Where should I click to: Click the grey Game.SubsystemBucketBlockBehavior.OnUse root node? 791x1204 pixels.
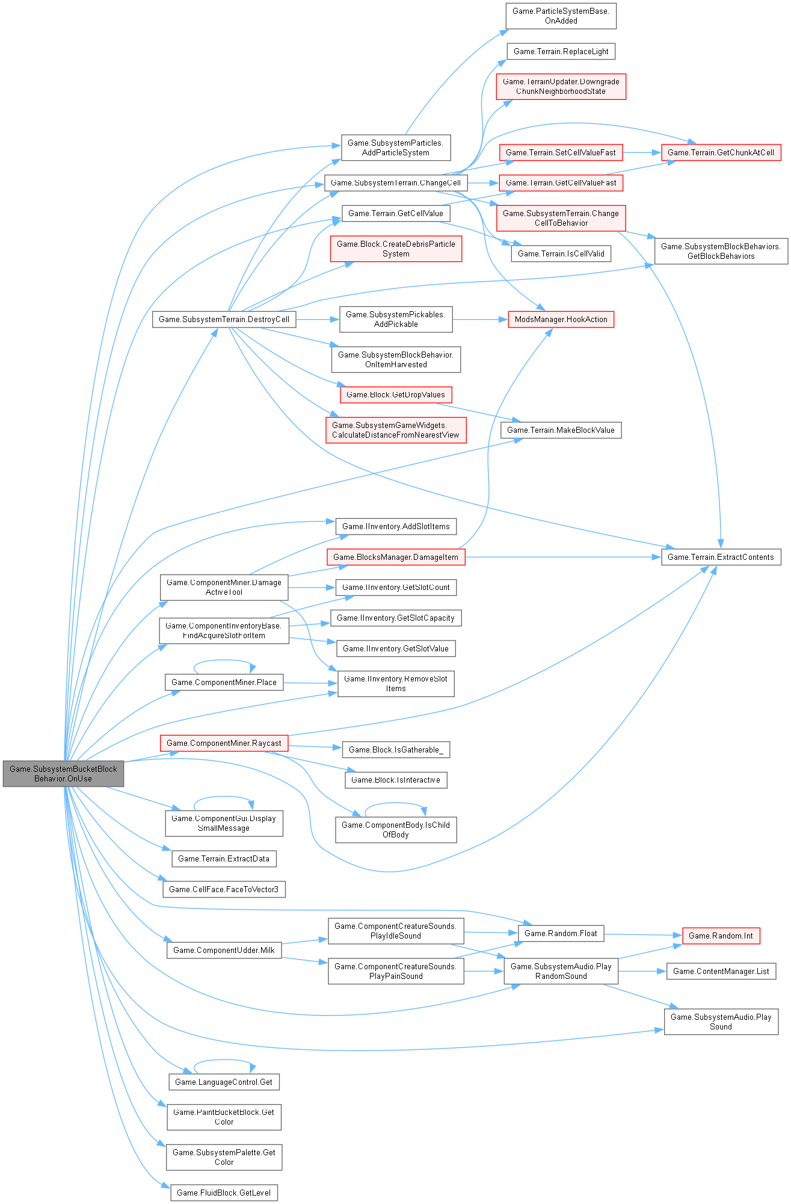(63, 774)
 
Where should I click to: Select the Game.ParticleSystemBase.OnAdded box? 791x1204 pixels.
(561, 16)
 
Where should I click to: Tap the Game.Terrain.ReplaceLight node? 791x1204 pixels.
(561, 51)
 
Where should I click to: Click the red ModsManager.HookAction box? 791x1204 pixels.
(561, 319)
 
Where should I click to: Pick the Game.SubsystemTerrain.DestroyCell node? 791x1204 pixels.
(224, 319)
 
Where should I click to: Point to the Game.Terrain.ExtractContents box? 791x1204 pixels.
(721, 557)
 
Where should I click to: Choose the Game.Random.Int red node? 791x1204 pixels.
(721, 936)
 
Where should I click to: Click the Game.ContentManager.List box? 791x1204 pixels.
(721, 971)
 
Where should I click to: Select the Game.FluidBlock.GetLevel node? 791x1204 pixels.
(224, 1193)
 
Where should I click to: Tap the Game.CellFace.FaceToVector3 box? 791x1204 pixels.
(224, 889)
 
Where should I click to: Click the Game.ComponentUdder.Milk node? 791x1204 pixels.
(224, 950)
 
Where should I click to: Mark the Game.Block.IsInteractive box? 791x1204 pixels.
(396, 780)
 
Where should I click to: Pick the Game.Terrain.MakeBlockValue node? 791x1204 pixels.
(561, 430)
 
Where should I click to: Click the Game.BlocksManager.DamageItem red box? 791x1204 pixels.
(396, 557)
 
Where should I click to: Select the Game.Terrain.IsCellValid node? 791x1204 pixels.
(561, 253)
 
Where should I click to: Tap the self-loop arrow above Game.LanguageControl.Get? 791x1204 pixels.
(224, 1061)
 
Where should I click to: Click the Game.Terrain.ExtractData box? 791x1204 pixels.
(224, 858)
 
